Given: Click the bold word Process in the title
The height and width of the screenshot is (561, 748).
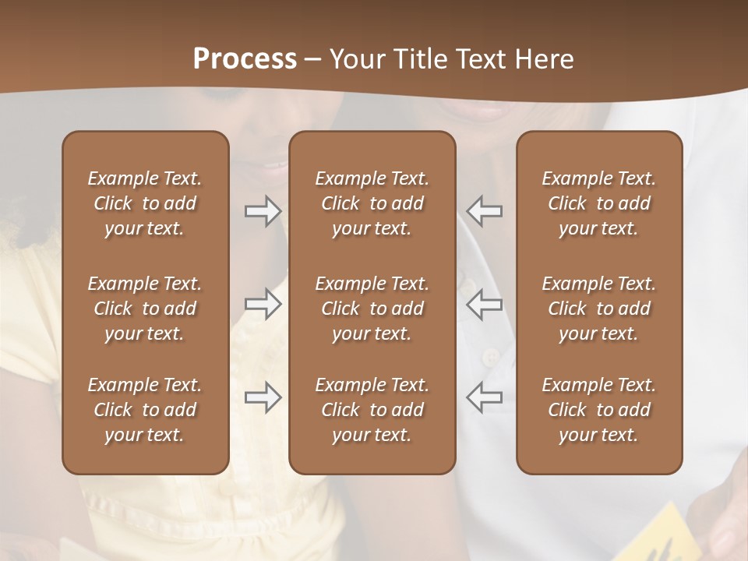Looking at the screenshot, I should pyautogui.click(x=245, y=59).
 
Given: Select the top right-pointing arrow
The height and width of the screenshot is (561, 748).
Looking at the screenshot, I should pyautogui.click(x=263, y=211).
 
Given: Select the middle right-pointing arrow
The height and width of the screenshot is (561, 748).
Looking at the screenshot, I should pyautogui.click(x=263, y=304).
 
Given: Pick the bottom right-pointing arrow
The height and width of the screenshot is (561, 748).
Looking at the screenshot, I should pyautogui.click(x=263, y=397).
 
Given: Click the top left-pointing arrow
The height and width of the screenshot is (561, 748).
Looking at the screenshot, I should pyautogui.click(x=484, y=211).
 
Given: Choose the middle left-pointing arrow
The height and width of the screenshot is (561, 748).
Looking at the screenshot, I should pyautogui.click(x=484, y=304).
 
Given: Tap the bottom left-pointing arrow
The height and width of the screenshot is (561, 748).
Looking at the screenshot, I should pyautogui.click(x=484, y=397).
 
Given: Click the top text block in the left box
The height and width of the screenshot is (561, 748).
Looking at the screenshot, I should pyautogui.click(x=145, y=203).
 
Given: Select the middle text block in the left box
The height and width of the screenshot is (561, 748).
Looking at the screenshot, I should pyautogui.click(x=145, y=309).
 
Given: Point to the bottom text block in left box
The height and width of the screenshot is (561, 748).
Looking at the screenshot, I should pyautogui.click(x=145, y=410).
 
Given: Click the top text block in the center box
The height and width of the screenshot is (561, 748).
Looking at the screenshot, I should pyautogui.click(x=372, y=203).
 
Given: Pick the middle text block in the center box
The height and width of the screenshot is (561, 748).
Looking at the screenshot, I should pyautogui.click(x=372, y=309).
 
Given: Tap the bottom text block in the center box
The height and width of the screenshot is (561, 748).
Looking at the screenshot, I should pyautogui.click(x=372, y=410).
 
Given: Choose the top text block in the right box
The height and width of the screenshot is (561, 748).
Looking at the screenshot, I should pyautogui.click(x=598, y=203).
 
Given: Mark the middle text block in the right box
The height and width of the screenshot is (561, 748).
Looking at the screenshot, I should pyautogui.click(x=598, y=309).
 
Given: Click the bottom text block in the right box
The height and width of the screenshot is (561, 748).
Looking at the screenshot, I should pyautogui.click(x=598, y=410).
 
